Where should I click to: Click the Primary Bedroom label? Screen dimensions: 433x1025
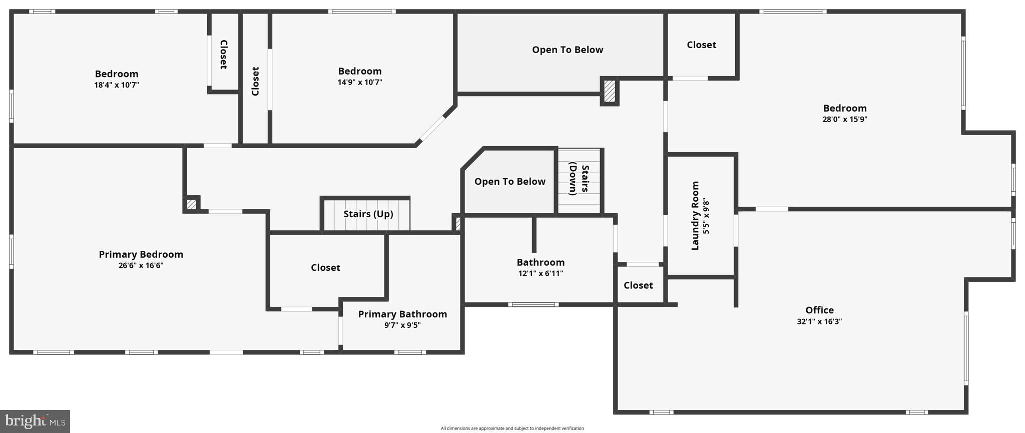point(141,254)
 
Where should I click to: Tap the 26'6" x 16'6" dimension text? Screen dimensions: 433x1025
point(141,266)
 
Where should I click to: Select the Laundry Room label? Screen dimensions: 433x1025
point(695,216)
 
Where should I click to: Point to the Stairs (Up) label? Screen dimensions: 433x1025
point(368,214)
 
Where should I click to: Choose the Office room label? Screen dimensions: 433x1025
point(819,310)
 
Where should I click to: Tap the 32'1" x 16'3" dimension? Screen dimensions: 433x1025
point(819,322)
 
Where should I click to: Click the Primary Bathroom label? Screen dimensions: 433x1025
point(402,314)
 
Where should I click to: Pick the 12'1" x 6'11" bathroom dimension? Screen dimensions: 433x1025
point(541,274)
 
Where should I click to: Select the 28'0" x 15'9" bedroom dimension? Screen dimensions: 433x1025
point(845,120)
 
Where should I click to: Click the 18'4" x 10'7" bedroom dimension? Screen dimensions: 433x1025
point(117,85)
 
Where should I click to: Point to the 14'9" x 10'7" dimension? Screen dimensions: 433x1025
point(360,83)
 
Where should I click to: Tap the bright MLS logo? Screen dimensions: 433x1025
point(35,421)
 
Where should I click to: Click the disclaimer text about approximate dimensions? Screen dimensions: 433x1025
point(512,428)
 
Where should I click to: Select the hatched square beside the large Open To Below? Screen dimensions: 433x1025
point(609,92)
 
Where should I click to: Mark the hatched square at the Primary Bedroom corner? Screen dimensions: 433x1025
point(191,204)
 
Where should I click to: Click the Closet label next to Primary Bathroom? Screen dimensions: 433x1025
point(325,268)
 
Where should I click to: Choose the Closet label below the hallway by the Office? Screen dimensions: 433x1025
point(638,285)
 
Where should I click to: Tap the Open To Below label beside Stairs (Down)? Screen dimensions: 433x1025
point(509,182)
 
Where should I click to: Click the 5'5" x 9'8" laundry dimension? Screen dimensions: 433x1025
point(706,216)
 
